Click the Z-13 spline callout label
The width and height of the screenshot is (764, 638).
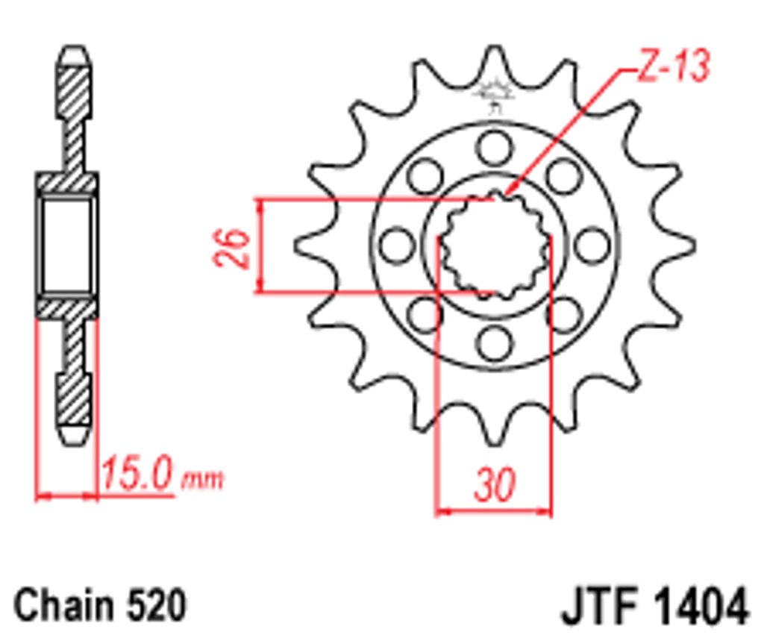pos(672,66)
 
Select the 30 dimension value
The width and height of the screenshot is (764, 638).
pos(494,484)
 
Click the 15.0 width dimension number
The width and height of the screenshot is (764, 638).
pos(137,473)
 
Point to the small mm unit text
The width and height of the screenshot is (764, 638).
pos(203,480)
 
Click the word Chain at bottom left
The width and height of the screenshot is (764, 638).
pos(63,605)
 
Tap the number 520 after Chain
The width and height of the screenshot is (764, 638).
pos(156,605)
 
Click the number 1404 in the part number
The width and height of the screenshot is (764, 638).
pos(700,607)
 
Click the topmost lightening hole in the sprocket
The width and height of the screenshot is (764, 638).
pos(495,147)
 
